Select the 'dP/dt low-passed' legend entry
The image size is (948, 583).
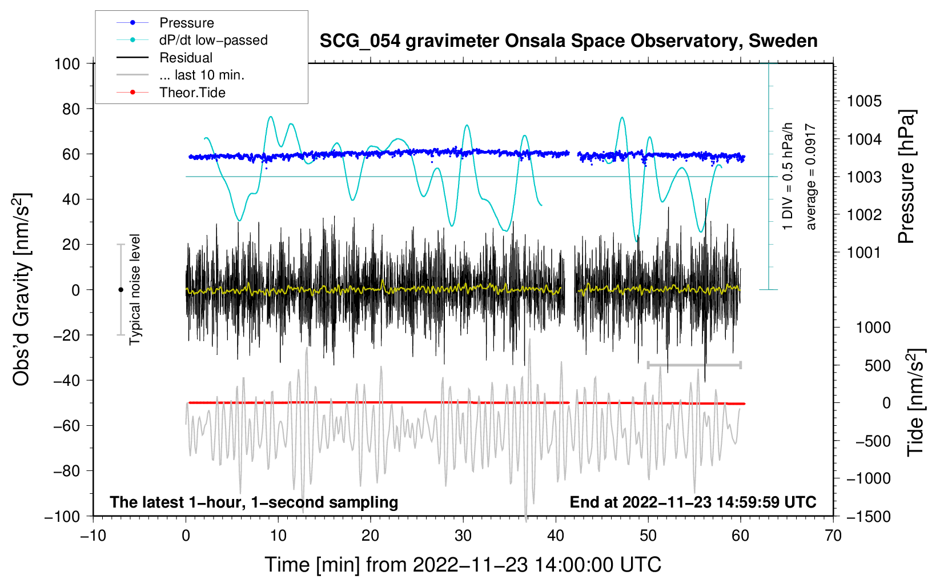point(213,40)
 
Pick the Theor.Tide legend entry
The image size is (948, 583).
point(192,93)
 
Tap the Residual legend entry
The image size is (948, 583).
point(186,58)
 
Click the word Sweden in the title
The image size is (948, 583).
point(783,41)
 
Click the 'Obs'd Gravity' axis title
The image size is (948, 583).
point(21,289)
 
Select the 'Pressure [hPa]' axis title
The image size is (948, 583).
point(906,177)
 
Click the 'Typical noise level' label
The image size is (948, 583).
point(135,289)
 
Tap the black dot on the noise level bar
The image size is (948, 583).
point(120,290)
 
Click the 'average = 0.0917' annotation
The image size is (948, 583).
point(811,177)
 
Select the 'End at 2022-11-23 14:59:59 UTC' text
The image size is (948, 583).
point(693,502)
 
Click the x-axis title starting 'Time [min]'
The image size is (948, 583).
point(463,565)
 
